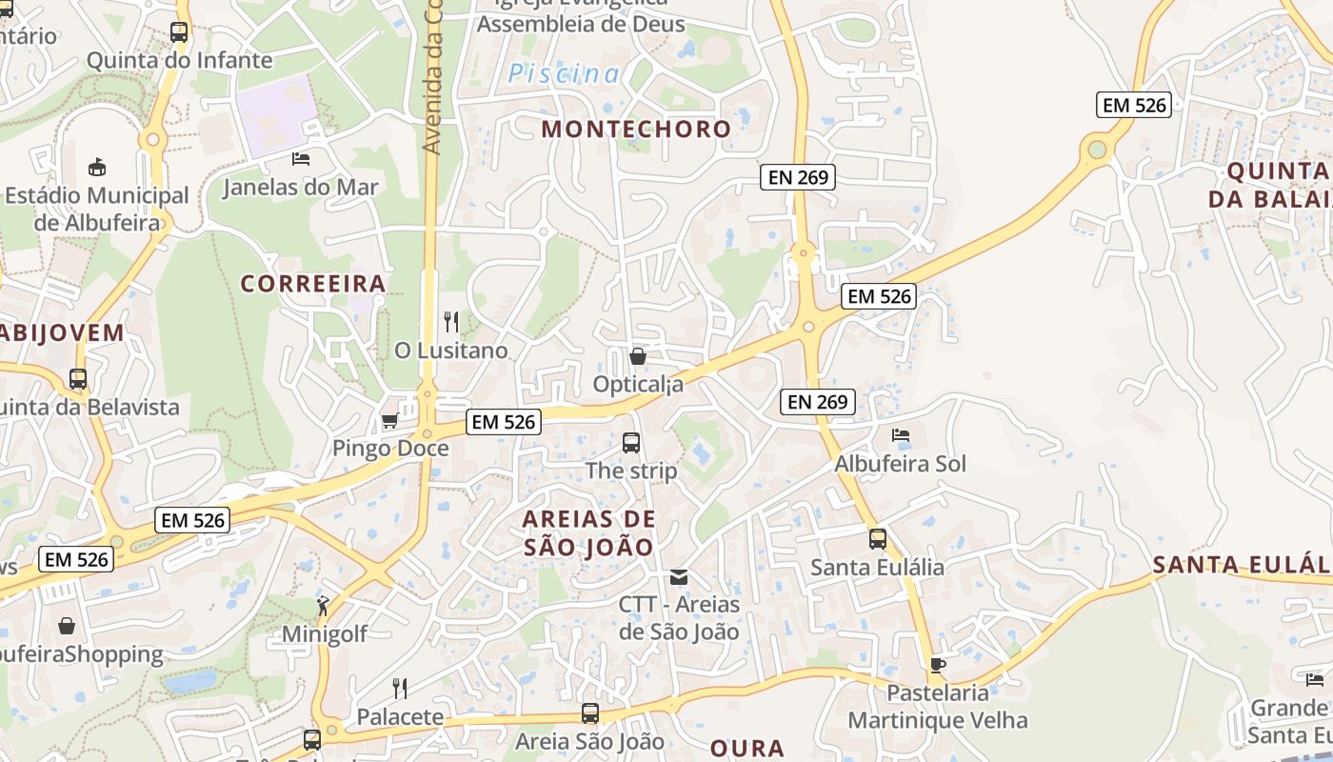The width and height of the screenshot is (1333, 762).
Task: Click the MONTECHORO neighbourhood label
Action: (636, 130)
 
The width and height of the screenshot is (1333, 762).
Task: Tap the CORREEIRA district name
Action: (313, 284)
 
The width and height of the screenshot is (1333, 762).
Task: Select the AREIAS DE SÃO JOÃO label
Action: (589, 532)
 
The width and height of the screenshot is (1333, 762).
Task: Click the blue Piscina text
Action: (564, 73)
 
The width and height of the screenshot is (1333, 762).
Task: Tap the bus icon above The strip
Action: (631, 442)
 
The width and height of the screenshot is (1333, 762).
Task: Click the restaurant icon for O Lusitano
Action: (451, 322)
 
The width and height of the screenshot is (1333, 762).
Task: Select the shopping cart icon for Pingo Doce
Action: (389, 420)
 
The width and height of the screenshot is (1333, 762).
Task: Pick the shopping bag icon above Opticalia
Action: (638, 356)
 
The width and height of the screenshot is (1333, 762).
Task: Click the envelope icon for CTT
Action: (679, 576)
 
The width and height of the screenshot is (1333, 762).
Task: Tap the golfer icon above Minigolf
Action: (324, 605)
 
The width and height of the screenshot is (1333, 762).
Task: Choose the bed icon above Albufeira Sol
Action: (901, 435)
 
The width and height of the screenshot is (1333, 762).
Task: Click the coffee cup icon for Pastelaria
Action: (938, 665)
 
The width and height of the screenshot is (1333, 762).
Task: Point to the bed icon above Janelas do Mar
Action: (301, 158)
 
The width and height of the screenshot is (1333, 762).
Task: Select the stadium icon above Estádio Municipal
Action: (97, 167)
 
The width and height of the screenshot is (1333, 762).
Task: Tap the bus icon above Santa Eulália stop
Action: (878, 539)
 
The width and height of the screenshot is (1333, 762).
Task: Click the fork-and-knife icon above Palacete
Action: (400, 688)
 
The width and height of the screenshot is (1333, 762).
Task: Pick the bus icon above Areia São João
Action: (590, 712)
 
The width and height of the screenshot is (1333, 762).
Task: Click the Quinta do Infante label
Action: (179, 61)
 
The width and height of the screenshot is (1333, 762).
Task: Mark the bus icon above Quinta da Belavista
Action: (78, 379)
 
